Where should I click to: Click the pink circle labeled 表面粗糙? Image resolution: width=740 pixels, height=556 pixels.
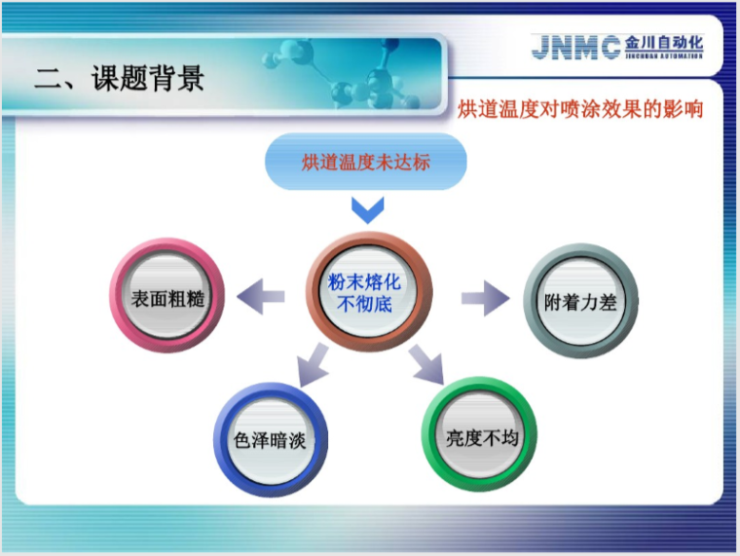tap(167, 297)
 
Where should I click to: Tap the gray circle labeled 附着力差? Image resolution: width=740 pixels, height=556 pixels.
tap(580, 302)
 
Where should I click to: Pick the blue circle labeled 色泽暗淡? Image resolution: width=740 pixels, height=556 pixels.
tap(271, 440)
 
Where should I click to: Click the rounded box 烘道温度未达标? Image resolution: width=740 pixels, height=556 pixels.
tap(366, 163)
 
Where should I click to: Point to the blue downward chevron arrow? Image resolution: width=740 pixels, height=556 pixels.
tap(367, 208)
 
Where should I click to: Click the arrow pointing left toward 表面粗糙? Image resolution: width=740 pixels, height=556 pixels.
tap(261, 296)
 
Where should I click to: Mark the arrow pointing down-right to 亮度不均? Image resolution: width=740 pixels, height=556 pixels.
tap(425, 366)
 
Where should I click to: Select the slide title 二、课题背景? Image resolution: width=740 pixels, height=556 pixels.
tap(119, 77)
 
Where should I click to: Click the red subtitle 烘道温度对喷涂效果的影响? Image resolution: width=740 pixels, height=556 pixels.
tap(580, 108)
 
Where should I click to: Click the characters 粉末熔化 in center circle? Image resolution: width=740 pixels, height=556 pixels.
tap(364, 282)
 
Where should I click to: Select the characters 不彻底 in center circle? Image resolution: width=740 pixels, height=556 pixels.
tap(364, 304)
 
